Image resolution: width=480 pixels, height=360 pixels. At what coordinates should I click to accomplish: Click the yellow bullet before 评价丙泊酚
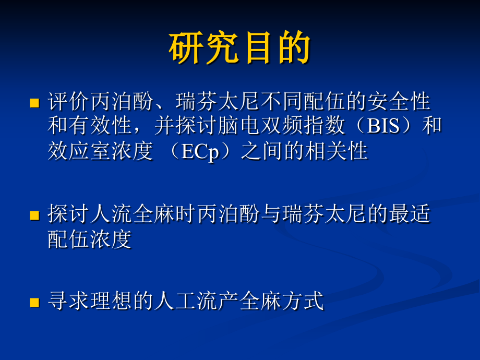(34, 102)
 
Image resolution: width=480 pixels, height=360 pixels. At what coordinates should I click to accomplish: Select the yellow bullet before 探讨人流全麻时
(34, 215)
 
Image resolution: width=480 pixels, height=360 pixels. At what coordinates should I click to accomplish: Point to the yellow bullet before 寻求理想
(34, 302)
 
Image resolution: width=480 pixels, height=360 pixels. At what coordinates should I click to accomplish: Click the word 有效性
(101, 126)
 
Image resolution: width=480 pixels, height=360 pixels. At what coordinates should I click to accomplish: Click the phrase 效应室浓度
(100, 151)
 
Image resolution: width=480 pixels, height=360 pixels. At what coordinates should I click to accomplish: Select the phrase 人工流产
(196, 302)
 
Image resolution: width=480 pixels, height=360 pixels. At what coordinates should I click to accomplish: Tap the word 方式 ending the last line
(303, 302)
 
